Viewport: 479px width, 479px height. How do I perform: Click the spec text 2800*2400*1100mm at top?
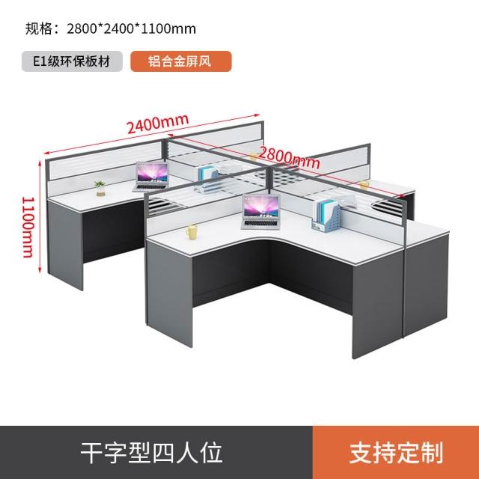pos(132,29)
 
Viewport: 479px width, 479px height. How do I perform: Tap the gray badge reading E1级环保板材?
pos(72,61)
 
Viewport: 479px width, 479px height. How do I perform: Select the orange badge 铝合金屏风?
pos(181,61)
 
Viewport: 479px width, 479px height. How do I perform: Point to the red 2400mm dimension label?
pos(158,123)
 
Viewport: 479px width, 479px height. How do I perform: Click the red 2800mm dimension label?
pos(289,158)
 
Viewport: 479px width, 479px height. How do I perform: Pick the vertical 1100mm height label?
pos(28,228)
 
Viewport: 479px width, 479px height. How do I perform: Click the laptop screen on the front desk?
pos(261,207)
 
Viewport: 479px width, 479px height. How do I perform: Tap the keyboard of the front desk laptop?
pos(261,224)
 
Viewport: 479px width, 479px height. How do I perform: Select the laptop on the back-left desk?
pos(151,177)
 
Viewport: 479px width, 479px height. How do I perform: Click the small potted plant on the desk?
pos(100,188)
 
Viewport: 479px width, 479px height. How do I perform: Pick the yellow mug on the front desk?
pos(192,231)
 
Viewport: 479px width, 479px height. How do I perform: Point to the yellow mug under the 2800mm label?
pos(364,184)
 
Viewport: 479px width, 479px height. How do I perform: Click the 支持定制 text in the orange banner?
pos(396,453)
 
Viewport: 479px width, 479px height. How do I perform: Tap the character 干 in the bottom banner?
pos(92,453)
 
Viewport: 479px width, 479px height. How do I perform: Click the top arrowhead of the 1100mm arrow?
pos(40,162)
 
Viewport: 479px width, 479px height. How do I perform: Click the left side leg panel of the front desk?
pos(169,294)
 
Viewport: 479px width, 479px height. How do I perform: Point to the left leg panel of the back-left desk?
pos(65,245)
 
